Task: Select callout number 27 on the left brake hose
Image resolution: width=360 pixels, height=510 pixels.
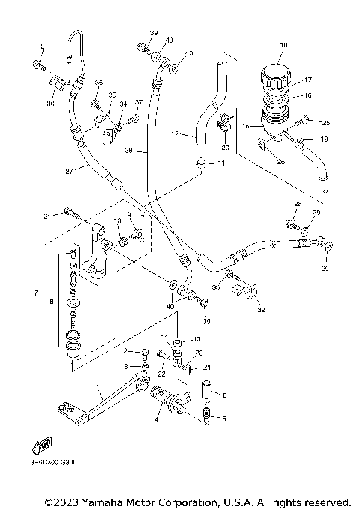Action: [69, 172]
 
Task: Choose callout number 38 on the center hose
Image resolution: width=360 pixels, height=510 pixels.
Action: [129, 151]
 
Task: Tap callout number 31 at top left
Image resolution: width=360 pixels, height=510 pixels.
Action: [43, 47]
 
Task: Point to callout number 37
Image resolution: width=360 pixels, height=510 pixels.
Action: [138, 103]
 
